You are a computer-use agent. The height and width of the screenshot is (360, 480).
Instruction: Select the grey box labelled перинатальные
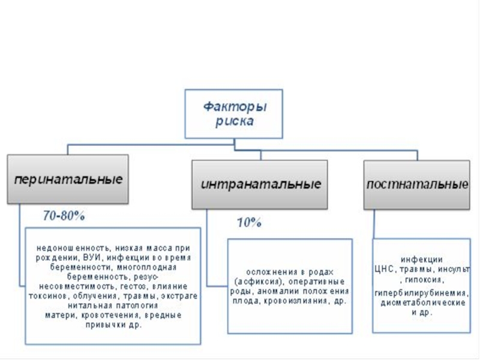coord(67,179)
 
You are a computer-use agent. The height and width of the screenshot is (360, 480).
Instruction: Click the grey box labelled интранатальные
coord(260,184)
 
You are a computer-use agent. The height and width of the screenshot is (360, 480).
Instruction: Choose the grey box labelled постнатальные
coord(418,184)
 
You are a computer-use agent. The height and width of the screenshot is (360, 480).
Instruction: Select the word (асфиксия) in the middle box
coord(257,281)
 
